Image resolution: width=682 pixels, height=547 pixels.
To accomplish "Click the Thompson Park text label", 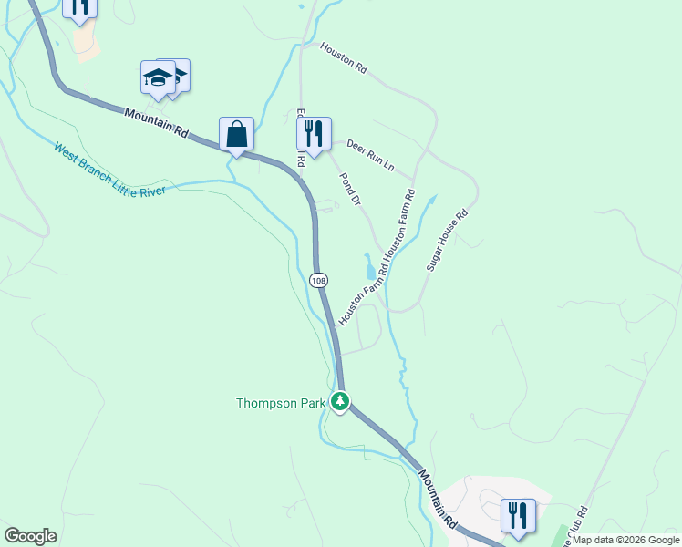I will click(280, 403).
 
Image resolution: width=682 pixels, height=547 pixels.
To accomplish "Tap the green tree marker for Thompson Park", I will click(340, 401).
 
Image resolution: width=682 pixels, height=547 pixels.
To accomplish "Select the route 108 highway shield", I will click(317, 280).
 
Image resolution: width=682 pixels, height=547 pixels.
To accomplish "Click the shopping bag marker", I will click(237, 134).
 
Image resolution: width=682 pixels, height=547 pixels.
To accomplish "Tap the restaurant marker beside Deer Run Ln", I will click(314, 134).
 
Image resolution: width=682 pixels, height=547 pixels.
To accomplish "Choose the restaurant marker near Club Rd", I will click(518, 515).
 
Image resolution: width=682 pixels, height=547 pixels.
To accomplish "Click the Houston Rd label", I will click(343, 56).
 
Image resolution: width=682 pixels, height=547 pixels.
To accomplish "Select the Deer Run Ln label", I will click(370, 155).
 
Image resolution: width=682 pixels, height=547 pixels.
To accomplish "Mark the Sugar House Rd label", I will click(447, 240).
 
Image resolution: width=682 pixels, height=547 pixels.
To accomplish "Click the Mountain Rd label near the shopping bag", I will click(157, 123).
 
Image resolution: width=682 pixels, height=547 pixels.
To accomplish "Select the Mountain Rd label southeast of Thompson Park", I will click(439, 500).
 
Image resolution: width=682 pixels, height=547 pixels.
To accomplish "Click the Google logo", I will click(31, 536).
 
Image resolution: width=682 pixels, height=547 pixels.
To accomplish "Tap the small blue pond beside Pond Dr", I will click(370, 269).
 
